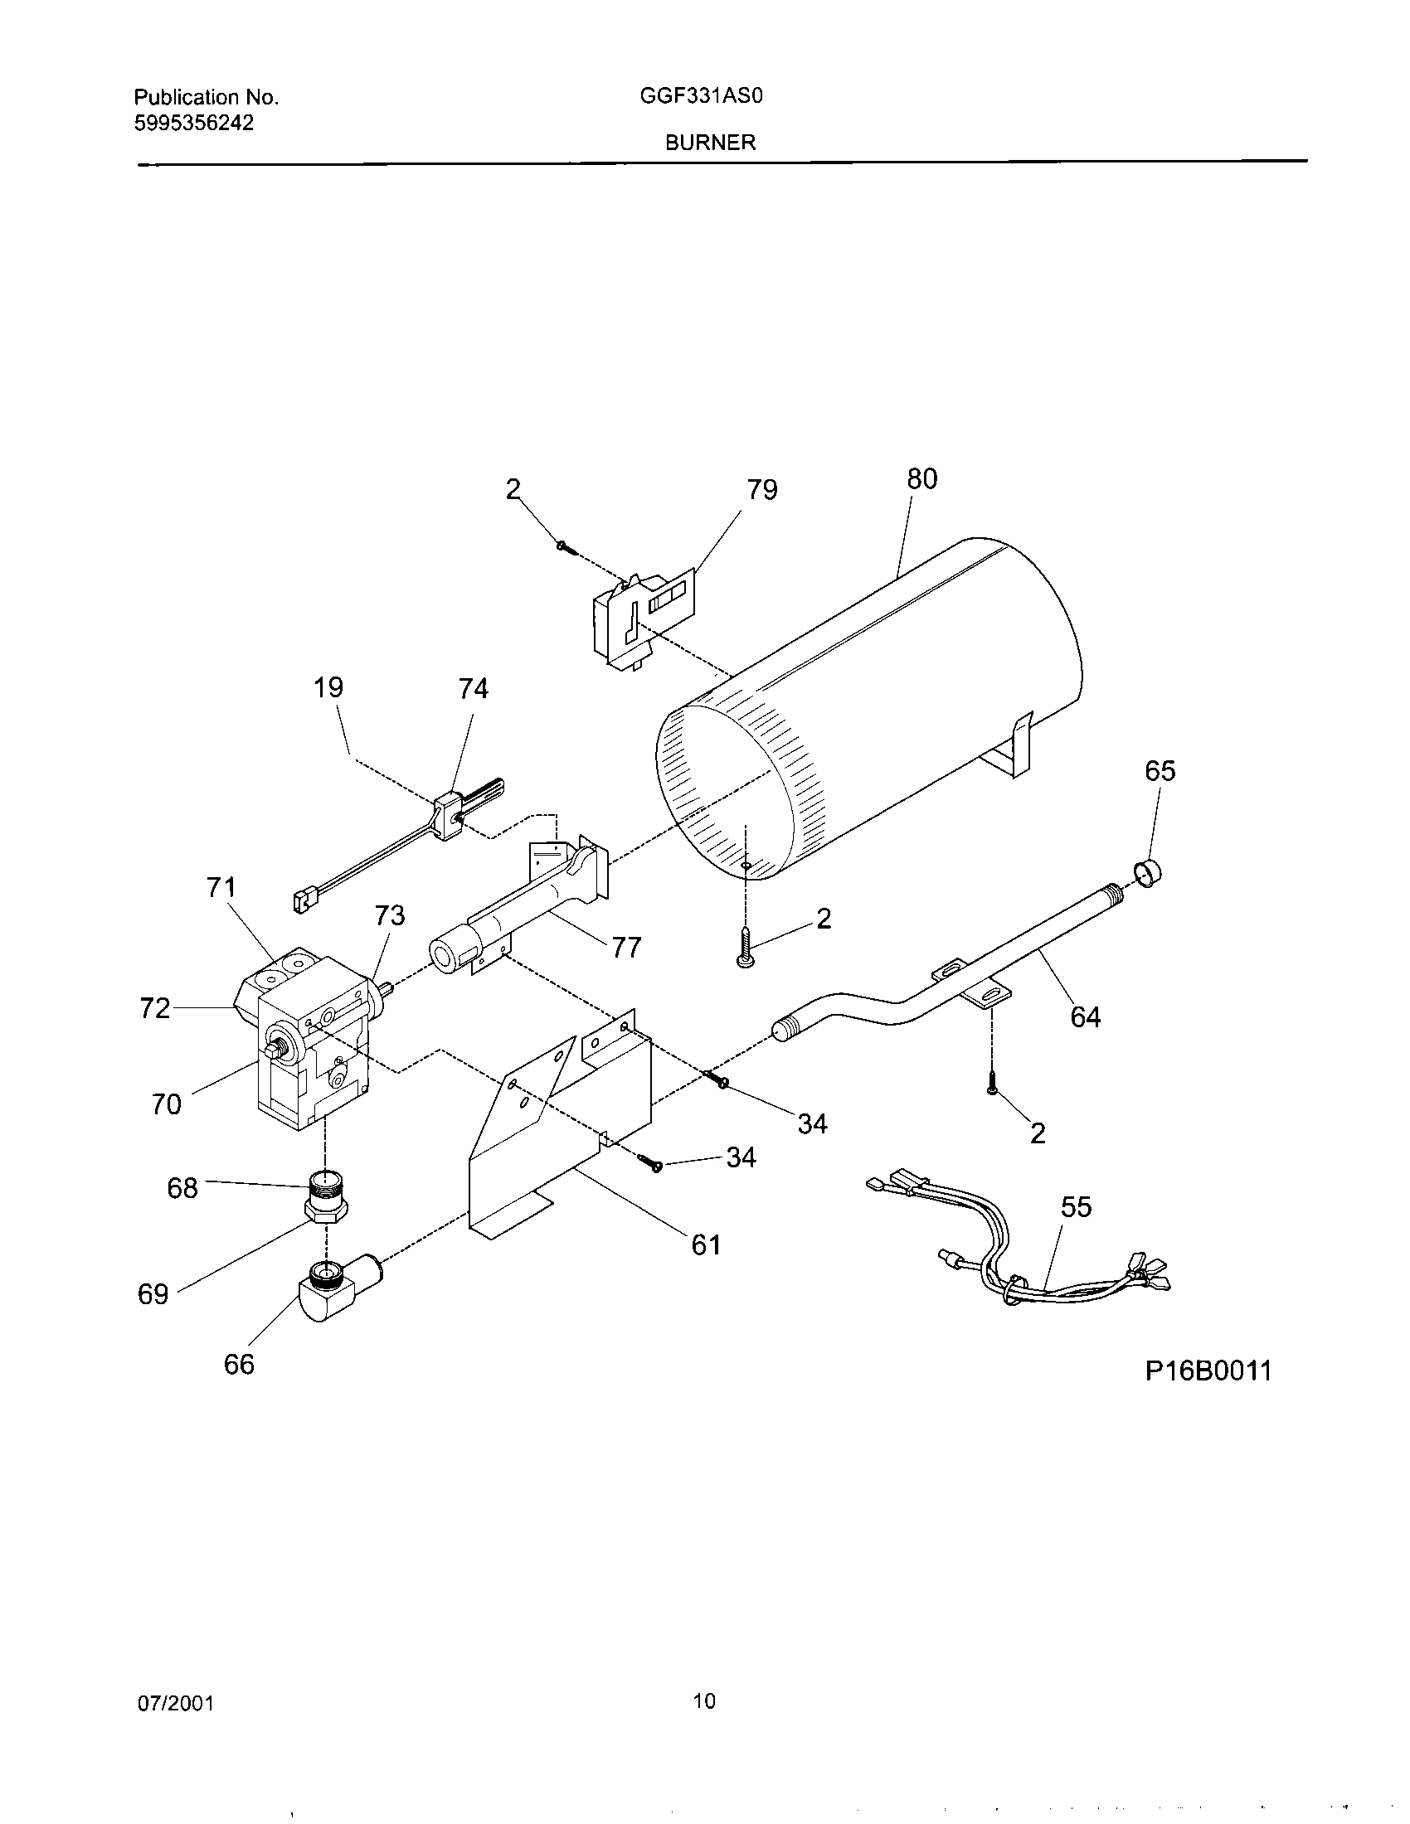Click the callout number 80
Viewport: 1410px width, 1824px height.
[x=922, y=479]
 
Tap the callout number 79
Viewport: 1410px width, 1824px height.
[x=761, y=490]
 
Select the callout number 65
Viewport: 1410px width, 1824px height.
[x=1160, y=771]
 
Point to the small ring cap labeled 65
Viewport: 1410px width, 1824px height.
[x=1150, y=874]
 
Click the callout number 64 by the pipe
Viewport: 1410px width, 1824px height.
[x=1085, y=1017]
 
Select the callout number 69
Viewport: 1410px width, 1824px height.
[x=153, y=1294]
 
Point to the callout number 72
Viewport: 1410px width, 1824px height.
[x=154, y=1009]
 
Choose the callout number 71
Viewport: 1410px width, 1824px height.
[x=221, y=887]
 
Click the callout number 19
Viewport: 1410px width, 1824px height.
[x=328, y=688]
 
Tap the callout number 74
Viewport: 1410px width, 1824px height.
[x=473, y=689]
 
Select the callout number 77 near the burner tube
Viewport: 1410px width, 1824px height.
[x=626, y=947]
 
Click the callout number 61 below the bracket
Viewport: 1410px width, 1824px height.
[x=706, y=1244]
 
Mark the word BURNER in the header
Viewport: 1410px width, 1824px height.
[x=710, y=143]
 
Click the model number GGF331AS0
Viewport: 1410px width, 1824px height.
[x=702, y=96]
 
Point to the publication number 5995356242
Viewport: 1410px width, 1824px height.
[x=194, y=123]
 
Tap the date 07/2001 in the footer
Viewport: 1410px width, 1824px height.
[x=176, y=1704]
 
